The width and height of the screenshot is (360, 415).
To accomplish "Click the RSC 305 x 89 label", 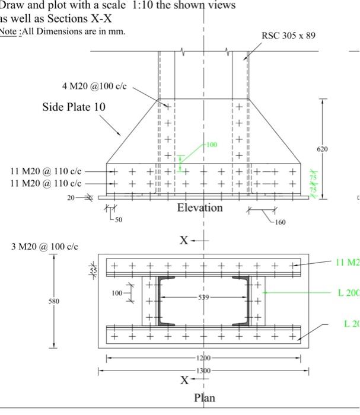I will pos(288,36).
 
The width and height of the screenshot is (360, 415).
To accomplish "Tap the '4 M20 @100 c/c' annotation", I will pos(94,86).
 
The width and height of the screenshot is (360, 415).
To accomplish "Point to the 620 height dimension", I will pos(321,149).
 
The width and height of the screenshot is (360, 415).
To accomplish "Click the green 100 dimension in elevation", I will pos(212,145).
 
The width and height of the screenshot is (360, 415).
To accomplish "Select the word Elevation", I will pos(200,208).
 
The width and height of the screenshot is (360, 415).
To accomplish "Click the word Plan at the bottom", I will pos(205,398).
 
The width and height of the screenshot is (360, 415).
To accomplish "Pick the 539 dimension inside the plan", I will pos(203,297).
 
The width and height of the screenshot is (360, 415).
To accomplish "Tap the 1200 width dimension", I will pos(203,359).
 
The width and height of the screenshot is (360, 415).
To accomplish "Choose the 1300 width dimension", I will pos(203,370).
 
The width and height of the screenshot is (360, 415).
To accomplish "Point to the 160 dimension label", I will pos(279,222).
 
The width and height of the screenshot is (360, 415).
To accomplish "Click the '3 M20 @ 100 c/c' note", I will pos(44,246).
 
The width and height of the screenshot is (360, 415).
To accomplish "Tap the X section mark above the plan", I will pos(184,241).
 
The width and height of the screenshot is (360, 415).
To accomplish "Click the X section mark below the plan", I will pos(185,379).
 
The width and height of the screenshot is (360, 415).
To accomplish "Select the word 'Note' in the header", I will pos(8,31).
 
